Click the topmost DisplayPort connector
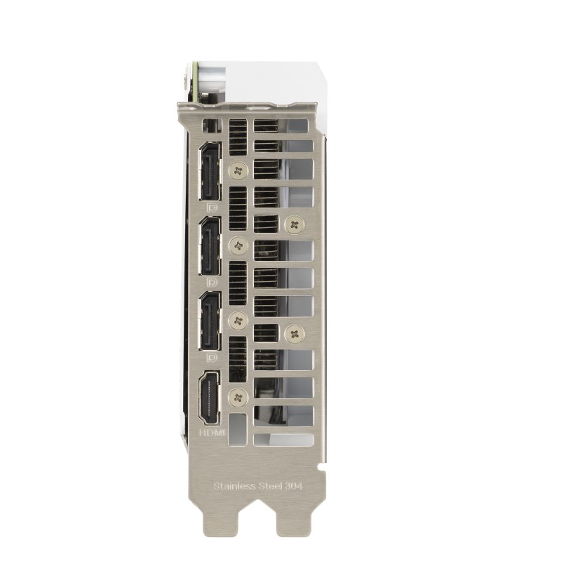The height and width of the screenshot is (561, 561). click(x=210, y=171)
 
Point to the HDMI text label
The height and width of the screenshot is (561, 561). click(x=212, y=433)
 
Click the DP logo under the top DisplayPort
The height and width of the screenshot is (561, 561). click(x=213, y=208)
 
